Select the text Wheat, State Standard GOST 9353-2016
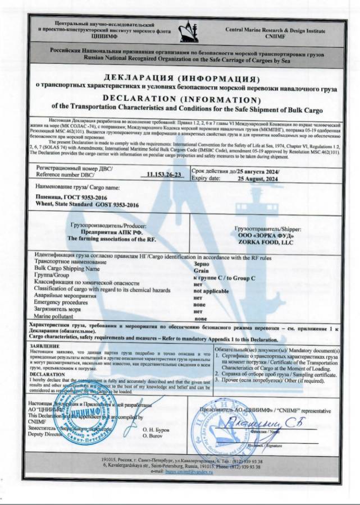(87, 206)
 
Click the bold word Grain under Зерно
(200, 269)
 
